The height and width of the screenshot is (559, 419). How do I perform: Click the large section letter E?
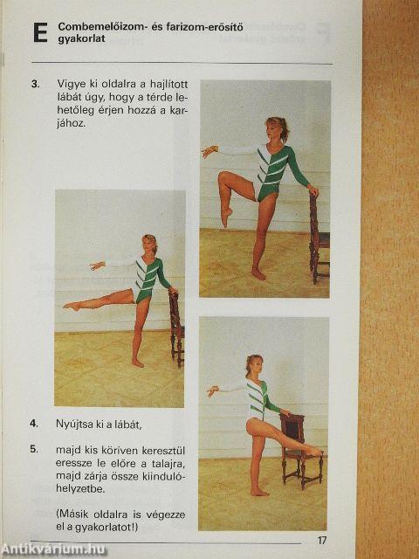coord(40,33)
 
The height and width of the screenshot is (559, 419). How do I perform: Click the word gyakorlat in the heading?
coord(81,38)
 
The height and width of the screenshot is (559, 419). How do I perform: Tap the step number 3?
coord(35,85)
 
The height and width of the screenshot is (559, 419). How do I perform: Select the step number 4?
coord(34,424)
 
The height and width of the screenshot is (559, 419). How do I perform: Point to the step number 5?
coord(34,449)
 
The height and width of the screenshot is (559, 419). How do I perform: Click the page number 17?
coord(322,540)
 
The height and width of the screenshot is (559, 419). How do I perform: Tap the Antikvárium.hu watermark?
coord(53,549)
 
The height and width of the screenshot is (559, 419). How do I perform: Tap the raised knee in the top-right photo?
coord(223,176)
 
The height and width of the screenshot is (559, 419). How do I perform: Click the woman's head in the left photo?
coord(149,244)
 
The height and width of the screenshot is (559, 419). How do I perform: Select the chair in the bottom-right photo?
coord(300,450)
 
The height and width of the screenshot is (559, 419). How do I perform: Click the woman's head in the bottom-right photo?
coord(254,365)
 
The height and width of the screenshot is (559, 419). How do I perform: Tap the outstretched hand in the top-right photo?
coord(209,151)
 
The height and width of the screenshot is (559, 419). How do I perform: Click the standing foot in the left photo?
coord(138,363)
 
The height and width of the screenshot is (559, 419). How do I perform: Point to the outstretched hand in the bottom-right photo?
coord(213,390)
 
